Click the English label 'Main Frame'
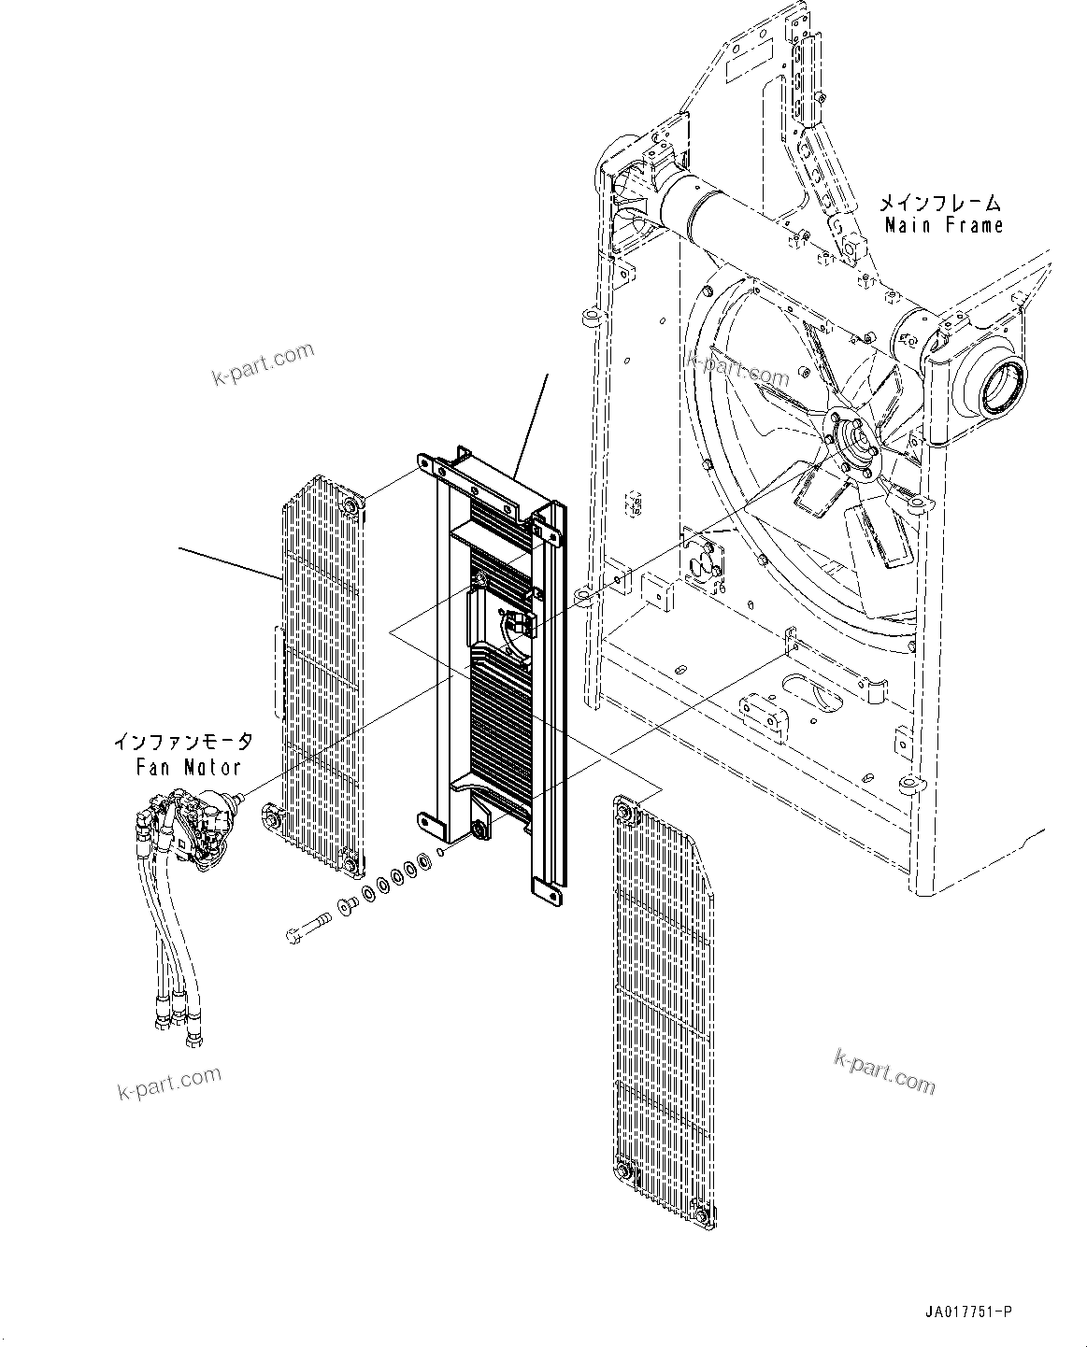(943, 225)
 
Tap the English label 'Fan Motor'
(187, 767)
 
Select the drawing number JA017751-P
(969, 1312)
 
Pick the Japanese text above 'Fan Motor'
(182, 743)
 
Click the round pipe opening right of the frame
(1002, 386)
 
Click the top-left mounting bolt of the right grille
(625, 814)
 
